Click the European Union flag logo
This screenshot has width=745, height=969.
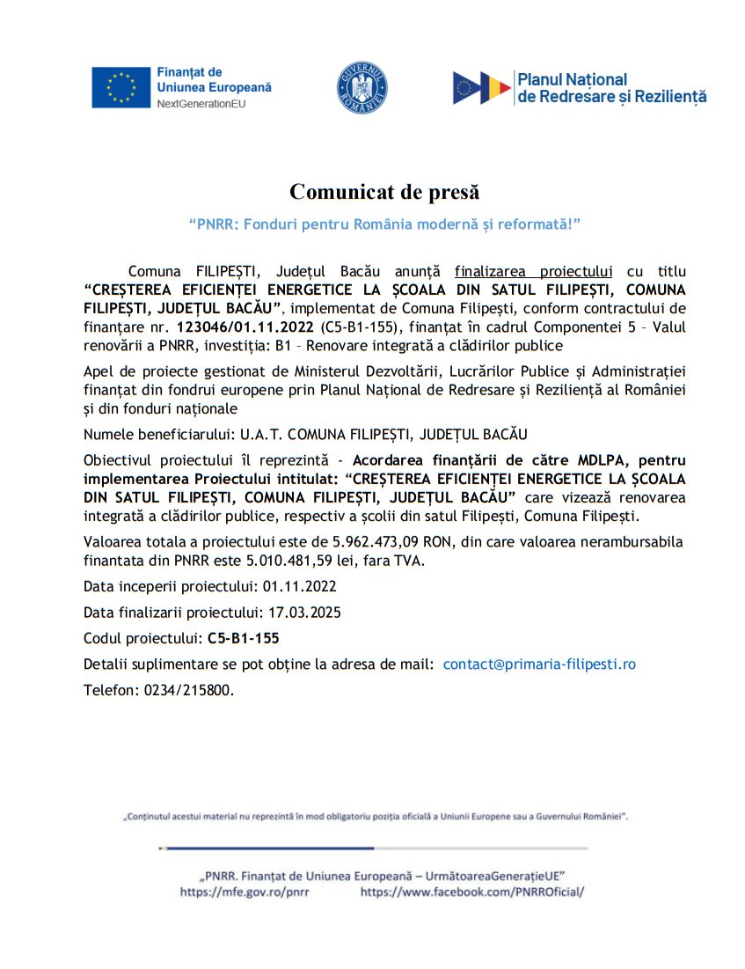coord(121,87)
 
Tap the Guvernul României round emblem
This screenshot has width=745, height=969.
coord(362,87)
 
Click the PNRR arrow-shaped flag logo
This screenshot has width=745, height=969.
coord(481,87)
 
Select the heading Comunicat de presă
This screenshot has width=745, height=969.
coord(385,191)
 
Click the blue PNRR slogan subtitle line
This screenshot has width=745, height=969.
coord(385,224)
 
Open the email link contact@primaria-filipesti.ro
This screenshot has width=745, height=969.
coord(538,664)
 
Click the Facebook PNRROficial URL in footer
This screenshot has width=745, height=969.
coord(472,891)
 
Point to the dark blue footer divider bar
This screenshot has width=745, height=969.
coord(267,848)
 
